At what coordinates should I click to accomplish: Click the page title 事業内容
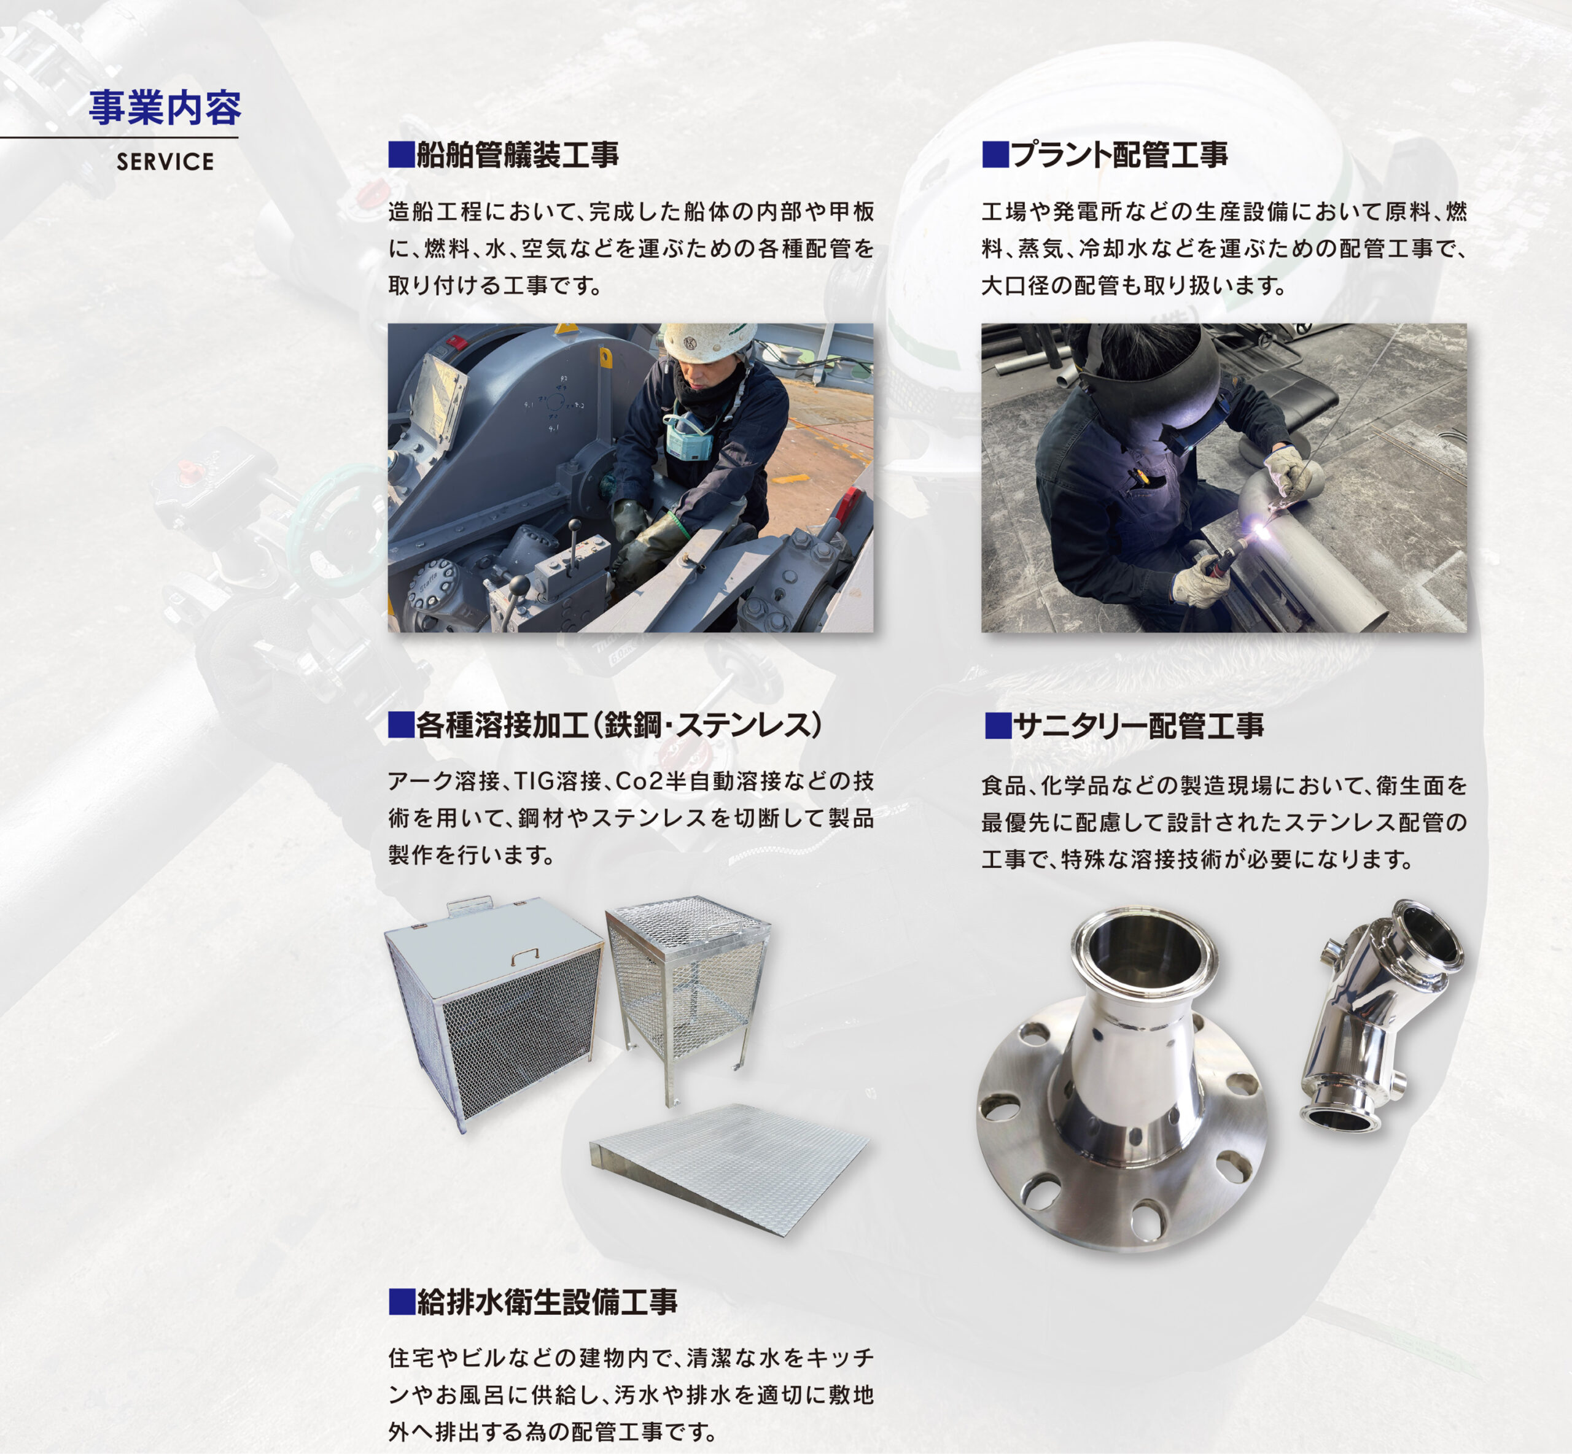(165, 108)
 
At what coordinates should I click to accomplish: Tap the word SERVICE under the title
(165, 162)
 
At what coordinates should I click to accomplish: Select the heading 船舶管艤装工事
(517, 155)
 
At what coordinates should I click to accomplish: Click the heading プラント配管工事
(1119, 155)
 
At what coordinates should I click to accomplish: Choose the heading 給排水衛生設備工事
(547, 1302)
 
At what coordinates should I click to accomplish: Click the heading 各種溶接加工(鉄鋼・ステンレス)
(620, 725)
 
